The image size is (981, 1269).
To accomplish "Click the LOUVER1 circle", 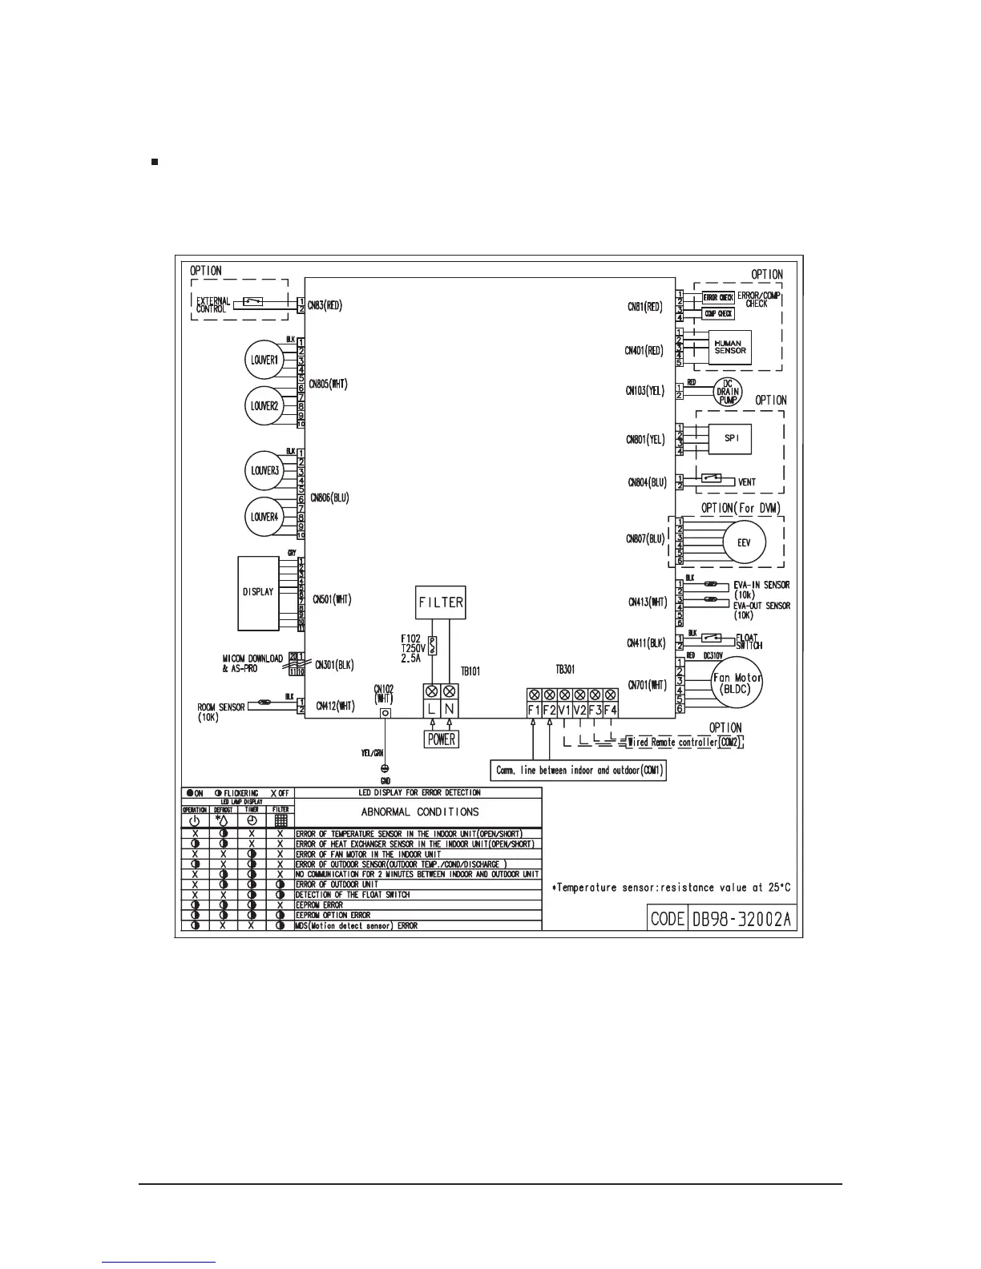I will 264,361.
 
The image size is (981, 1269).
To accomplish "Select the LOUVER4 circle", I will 264,517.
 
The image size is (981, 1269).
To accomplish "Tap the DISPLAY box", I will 258,592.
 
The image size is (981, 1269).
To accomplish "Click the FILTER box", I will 441,602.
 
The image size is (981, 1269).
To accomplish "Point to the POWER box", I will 442,739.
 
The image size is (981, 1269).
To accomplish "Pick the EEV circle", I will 743,542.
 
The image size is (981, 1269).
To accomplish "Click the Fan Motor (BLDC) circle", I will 737,683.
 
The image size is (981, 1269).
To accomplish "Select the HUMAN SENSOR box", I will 729,347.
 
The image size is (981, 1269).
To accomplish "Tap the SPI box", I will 730,439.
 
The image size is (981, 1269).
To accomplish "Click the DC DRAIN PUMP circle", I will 727,391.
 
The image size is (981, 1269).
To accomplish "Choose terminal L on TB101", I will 431,708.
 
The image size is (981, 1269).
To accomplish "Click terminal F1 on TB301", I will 534,709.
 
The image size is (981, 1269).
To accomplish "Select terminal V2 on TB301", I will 579,709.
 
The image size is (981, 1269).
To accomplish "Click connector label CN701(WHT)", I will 647,684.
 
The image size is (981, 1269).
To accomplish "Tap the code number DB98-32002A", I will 741,919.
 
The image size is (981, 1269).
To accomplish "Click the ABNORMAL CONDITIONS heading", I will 420,812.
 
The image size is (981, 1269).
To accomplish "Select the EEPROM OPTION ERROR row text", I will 333,915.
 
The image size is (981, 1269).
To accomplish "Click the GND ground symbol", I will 385,768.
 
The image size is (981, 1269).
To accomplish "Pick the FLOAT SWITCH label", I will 749,642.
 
